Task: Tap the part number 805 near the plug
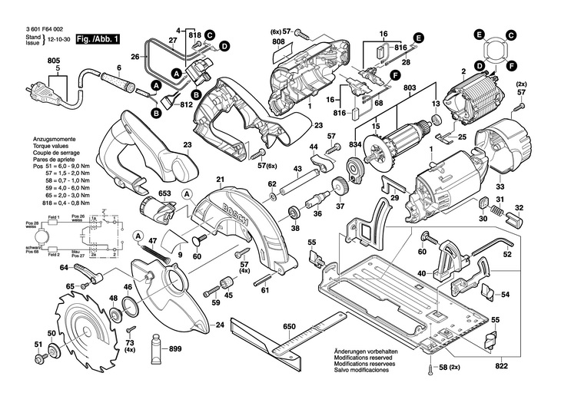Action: click(x=53, y=61)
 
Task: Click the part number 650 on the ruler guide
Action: click(x=289, y=327)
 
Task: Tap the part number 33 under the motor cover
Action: click(x=500, y=186)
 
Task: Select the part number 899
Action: click(x=176, y=349)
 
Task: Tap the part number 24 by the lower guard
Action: click(x=219, y=325)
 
